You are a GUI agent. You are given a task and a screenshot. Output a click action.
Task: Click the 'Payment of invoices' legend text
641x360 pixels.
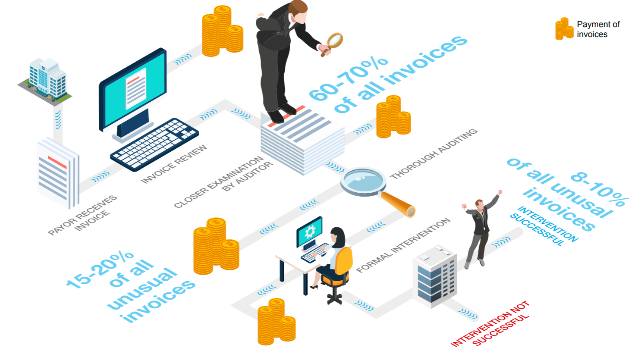pos(598,29)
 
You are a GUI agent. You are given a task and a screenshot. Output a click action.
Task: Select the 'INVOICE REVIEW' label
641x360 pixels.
pos(174,164)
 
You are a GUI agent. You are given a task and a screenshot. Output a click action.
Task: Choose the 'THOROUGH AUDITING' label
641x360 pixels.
pos(434,154)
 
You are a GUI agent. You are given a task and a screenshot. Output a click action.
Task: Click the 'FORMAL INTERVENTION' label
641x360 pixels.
pos(403,245)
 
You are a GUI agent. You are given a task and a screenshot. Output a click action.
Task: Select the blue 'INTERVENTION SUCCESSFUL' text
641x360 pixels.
pos(544,226)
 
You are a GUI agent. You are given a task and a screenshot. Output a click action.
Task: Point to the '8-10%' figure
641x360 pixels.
pos(600,189)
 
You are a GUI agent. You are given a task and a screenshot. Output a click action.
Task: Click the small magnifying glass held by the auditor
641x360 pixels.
pos(333,44)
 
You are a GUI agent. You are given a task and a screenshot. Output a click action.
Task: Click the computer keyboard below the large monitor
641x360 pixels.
pos(154,145)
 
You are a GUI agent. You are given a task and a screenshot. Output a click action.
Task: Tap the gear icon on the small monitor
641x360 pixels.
pos(310,231)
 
